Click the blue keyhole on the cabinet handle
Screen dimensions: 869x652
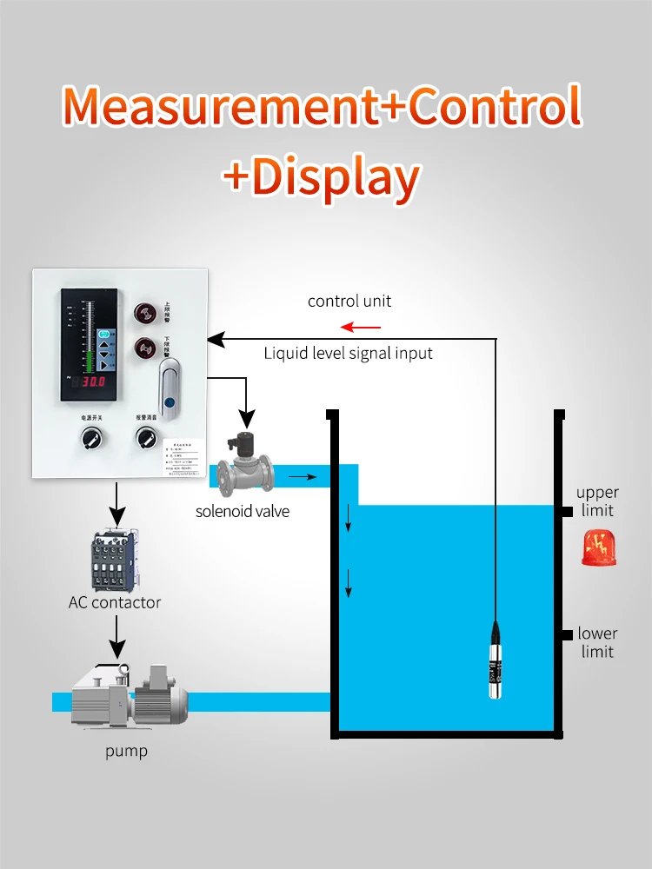click(x=171, y=403)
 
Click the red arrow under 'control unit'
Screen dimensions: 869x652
click(x=361, y=327)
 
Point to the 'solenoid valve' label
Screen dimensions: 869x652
click(x=243, y=511)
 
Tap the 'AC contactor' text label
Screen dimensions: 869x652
click(x=115, y=602)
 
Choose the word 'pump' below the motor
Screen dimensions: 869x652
click(x=127, y=751)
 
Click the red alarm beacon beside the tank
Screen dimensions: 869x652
click(x=597, y=547)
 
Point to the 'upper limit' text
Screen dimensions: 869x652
click(x=597, y=501)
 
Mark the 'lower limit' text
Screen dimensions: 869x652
click(x=597, y=642)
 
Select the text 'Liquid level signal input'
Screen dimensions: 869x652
click(x=348, y=353)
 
